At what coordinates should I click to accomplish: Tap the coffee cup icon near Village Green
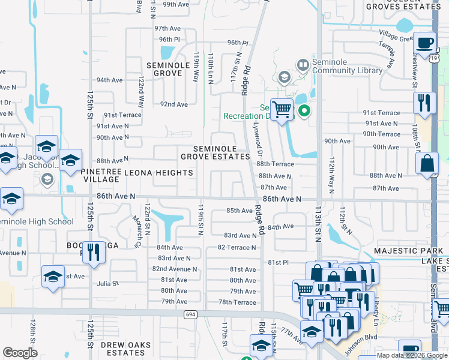pyautogui.click(x=425, y=43)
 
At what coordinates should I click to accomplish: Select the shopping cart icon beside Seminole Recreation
pyautogui.click(x=281, y=110)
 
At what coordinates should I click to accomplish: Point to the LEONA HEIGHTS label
pyautogui.click(x=159, y=173)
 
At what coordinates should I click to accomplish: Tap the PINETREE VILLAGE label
pyautogui.click(x=101, y=175)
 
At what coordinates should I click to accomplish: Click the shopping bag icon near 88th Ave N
pyautogui.click(x=427, y=164)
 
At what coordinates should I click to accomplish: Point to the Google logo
pyautogui.click(x=20, y=353)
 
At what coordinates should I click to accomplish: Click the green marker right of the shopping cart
pyautogui.click(x=304, y=110)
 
